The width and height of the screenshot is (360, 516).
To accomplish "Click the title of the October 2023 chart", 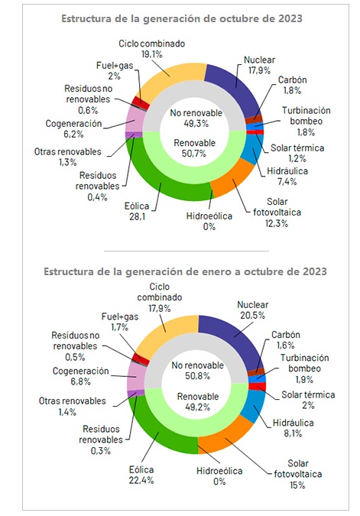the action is tap(182, 18).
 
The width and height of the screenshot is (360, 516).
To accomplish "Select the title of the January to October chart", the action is tap(185, 271).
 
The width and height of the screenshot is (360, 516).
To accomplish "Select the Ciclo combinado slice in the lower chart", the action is tap(168, 333).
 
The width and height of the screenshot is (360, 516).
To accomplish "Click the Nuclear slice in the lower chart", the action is tap(234, 339).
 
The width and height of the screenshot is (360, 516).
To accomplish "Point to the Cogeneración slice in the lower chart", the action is tap(135, 376).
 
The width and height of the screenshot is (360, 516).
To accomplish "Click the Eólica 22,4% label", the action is tap(141, 475).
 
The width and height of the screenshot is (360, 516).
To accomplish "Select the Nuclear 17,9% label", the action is tap(259, 65).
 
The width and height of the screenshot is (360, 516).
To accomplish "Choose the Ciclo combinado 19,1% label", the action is tap(151, 49).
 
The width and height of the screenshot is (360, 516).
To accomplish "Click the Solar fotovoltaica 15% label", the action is tap(298, 474).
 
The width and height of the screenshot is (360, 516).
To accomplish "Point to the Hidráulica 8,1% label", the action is tap(293, 428).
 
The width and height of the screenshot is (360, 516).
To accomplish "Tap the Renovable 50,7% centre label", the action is tap(194, 148).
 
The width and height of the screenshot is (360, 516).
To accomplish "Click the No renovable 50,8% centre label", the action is tap(197, 370).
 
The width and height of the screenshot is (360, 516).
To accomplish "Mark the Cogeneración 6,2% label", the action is tap(73, 128).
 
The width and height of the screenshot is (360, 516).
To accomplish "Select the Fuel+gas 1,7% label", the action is tap(120, 322).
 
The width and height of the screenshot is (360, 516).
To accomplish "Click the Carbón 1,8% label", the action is tap(292, 85).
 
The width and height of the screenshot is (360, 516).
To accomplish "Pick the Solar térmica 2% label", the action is tap(308, 400).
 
